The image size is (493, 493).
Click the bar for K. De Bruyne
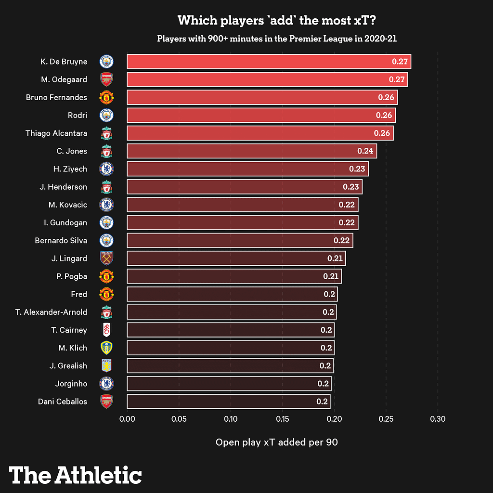269,62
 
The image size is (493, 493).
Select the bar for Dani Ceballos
229,401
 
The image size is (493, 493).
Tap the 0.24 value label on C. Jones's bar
365,151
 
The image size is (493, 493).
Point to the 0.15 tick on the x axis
282,419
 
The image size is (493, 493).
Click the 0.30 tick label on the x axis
438,419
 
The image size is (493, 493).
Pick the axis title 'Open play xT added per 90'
276,442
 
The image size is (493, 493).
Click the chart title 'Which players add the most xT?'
276,21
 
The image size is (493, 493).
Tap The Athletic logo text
76,475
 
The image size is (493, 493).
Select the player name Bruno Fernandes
56,97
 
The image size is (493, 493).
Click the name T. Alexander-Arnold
51,312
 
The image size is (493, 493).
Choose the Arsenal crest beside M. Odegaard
106,79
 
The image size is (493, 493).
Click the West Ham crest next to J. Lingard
106,259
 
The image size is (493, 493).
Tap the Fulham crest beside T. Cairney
106,330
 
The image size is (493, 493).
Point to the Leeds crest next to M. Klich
106,348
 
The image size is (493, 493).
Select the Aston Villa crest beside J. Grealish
106,365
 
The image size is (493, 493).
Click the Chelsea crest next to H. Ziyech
106,169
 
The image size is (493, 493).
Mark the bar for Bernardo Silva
240,240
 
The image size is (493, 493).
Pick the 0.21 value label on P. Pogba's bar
331,276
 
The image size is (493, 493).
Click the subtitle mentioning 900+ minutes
276,39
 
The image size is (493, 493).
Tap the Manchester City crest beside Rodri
106,116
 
